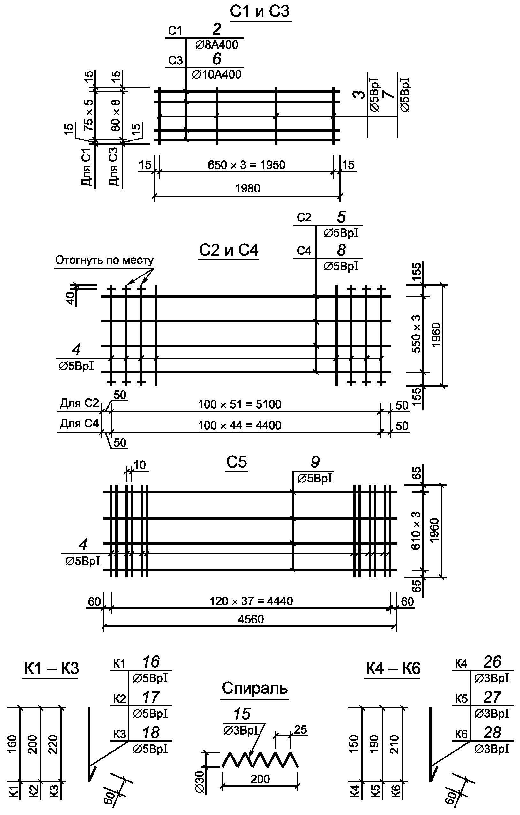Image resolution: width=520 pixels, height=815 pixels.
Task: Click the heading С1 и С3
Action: coord(260,11)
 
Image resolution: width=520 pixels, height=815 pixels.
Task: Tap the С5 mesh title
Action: coord(237,462)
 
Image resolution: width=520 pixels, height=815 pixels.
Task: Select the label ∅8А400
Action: coord(217,45)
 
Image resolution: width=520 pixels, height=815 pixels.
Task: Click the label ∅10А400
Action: coord(217,74)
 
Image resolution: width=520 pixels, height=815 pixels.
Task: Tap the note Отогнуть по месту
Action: coord(104,260)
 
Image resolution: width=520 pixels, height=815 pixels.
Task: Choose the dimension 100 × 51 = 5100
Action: coord(240,404)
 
